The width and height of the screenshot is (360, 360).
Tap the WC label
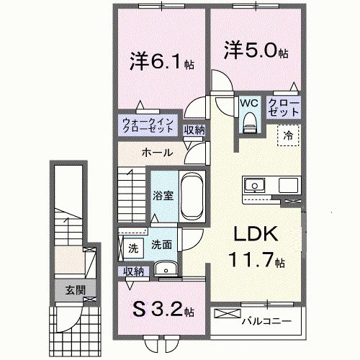pos(248,102)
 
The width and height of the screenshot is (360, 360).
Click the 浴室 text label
pos(162,195)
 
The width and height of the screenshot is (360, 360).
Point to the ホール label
pos(156,153)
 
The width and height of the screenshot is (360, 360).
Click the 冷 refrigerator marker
pos(287,134)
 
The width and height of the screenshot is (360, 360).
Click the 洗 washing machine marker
pos(133,248)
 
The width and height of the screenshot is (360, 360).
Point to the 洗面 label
pos(161,245)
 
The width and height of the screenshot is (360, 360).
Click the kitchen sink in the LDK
pos(254,186)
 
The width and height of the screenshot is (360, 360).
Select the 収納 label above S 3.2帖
pos(133,271)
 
